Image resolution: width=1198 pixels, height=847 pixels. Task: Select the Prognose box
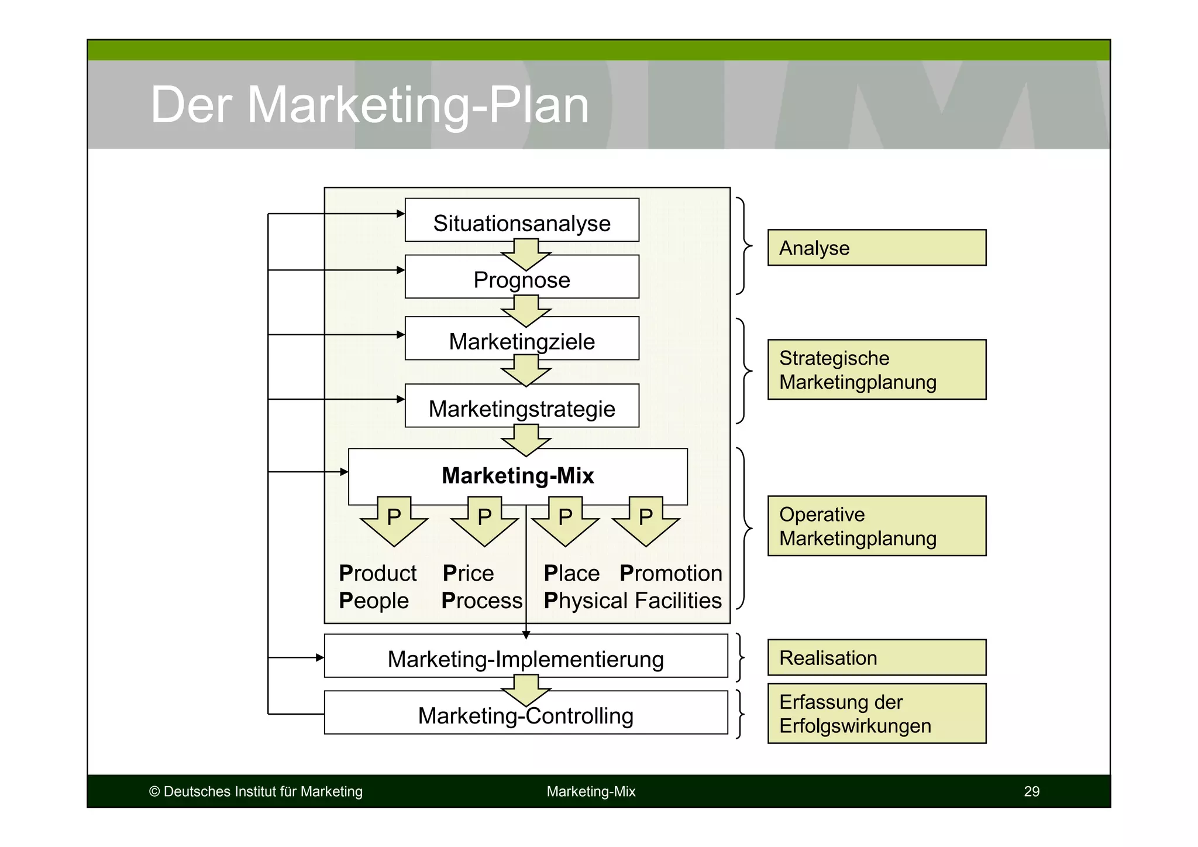[x=522, y=279]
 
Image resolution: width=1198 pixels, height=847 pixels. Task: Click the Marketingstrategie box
[x=522, y=408]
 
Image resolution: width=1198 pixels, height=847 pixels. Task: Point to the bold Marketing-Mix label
[x=518, y=475]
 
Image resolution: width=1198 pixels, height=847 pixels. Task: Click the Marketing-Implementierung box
[x=525, y=658]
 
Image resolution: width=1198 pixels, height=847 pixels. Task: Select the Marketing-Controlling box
[x=525, y=715]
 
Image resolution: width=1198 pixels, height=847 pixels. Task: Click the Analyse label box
[x=876, y=248]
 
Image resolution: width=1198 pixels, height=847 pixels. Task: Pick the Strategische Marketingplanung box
[x=876, y=369]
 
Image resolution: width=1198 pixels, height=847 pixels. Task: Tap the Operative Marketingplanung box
[x=876, y=526]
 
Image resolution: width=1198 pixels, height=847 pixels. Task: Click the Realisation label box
[x=876, y=657]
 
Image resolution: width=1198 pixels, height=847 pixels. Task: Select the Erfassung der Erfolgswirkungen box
[x=876, y=713]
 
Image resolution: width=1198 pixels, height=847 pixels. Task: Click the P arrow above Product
[x=394, y=520]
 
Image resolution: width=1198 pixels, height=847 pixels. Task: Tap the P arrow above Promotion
[x=645, y=520]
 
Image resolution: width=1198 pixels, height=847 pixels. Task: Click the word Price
[x=468, y=573]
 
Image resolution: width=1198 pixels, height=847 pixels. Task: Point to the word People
[x=373, y=601]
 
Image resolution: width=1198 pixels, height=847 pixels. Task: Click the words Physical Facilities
[x=632, y=601]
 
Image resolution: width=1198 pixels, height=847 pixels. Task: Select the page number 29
[x=1031, y=791]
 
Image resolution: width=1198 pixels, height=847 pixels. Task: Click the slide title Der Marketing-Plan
[x=369, y=105]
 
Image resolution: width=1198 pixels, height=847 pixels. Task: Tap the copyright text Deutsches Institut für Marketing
[x=256, y=791]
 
